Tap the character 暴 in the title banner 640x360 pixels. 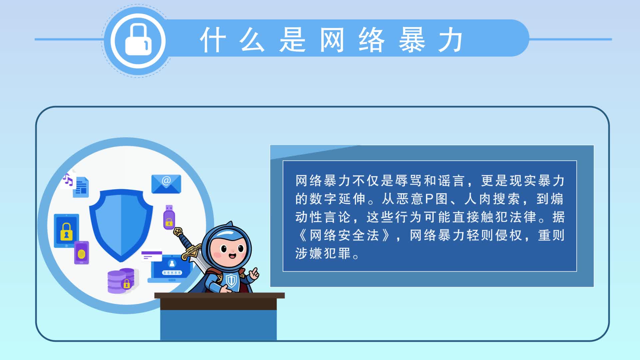click(412, 40)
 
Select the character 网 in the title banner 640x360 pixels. click(332, 40)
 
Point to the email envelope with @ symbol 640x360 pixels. click(166, 184)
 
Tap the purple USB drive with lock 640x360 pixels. click(169, 217)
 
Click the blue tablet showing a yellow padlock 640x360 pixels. click(66, 231)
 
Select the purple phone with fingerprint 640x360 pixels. click(82, 253)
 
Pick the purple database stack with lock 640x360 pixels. click(121, 281)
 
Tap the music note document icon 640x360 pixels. click(76, 185)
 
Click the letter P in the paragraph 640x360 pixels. click(429, 199)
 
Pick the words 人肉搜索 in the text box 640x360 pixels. click(492, 199)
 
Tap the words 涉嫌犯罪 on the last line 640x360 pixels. click(323, 253)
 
